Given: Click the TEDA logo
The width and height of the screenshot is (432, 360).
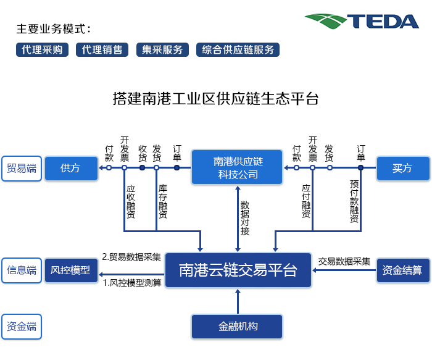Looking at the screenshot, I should pos(362,22).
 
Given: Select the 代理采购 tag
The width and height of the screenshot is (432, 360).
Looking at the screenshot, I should pos(42,50).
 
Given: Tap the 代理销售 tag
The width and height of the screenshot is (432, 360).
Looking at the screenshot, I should pos(102,50).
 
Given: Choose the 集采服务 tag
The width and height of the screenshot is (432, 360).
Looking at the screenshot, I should pos(162,50).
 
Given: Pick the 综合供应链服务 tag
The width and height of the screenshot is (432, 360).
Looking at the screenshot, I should pos(238,50).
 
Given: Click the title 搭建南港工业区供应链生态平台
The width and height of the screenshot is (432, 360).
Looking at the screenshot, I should pos(215,98).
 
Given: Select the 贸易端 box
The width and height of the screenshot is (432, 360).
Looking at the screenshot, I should pos(22,168).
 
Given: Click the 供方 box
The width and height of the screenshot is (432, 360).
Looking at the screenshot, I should pos(70,168).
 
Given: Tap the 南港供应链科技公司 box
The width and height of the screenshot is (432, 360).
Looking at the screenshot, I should pos(238,167).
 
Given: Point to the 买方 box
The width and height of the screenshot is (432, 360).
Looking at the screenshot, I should pos(402,168).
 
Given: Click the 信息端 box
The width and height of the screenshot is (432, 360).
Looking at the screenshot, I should pos(22,270).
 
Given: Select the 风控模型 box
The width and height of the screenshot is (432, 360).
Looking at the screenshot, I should pos(70,270).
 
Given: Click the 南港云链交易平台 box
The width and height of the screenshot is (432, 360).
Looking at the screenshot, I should pos(238,270).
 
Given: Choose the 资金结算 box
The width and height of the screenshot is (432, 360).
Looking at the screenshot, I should pos(402,270).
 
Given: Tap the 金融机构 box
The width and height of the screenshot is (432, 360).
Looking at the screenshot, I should pos(238,326).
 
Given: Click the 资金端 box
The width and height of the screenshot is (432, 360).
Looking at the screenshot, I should pos(22,326).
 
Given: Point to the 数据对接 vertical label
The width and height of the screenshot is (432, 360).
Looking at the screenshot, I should pos(245,217).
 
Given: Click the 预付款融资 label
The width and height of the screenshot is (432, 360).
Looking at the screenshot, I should pos(354,202).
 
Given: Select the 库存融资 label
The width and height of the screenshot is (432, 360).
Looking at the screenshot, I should pos(163,202).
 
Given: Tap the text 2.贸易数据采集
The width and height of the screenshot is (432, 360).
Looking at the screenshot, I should pos(131,257).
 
